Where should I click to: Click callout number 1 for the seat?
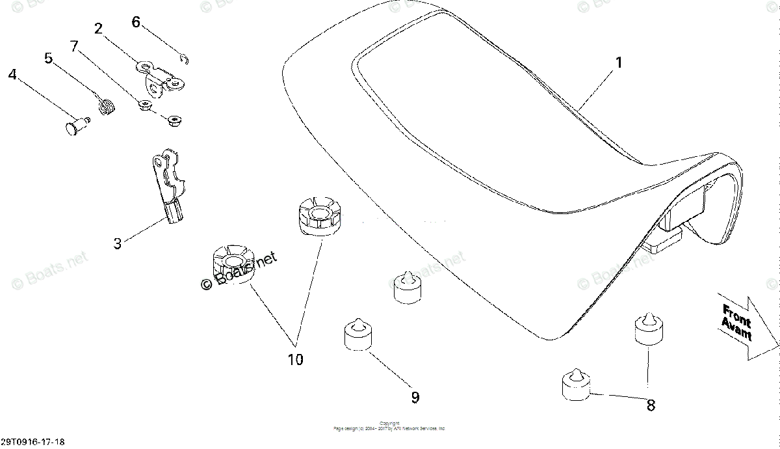[x=619, y=63]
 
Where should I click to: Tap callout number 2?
[x=98, y=29]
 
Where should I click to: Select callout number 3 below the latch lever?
[x=117, y=244]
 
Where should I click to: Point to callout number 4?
[x=12, y=75]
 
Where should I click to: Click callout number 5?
[x=49, y=58]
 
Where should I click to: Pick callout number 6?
[x=135, y=21]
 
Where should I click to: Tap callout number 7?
[x=74, y=46]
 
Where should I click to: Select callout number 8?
[x=650, y=405]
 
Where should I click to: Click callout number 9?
[x=415, y=397]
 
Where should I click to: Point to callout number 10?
[x=295, y=359]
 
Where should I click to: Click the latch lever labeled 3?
[x=169, y=182]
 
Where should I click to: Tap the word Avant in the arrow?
[x=736, y=329]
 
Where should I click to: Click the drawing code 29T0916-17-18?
[x=32, y=442]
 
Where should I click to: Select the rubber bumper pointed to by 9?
[x=357, y=334]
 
